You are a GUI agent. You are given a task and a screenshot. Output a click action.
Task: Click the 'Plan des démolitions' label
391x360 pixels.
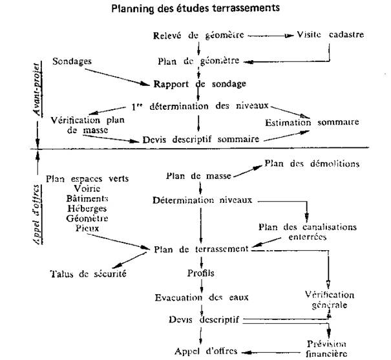click(x=312, y=164)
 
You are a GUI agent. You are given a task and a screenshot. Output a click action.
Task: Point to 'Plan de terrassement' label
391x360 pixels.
click(x=202, y=249)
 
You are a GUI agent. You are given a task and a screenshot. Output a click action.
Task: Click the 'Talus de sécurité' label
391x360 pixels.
click(x=87, y=273)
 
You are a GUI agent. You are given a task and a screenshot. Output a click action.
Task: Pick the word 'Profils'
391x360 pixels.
click(x=201, y=273)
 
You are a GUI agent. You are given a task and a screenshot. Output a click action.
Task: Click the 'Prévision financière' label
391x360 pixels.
click(x=327, y=348)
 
